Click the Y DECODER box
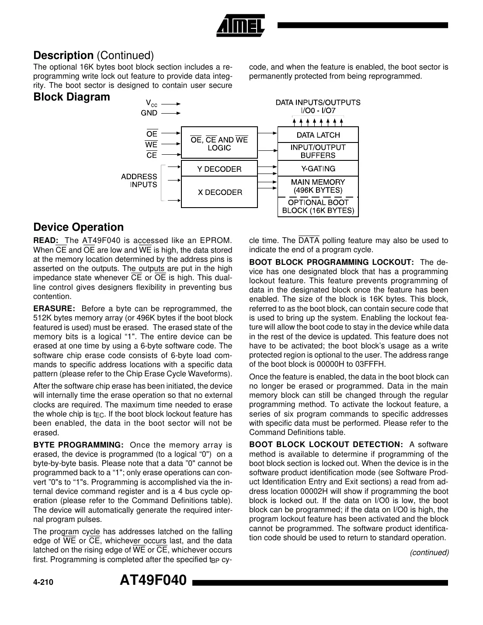(x=219, y=169)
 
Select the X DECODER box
(x=219, y=192)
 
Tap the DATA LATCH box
(x=318, y=135)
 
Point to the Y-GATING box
(x=318, y=169)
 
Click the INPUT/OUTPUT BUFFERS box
(x=318, y=151)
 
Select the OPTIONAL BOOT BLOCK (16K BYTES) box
(x=318, y=206)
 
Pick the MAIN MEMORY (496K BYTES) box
(x=318, y=186)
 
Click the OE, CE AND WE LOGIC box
(x=219, y=144)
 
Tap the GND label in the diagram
(x=149, y=113)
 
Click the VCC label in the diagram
(x=151, y=104)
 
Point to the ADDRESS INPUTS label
(x=139, y=181)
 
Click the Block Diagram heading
(x=72, y=97)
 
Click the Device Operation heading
(x=78, y=227)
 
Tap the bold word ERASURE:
(x=54, y=309)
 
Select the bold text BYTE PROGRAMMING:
(x=79, y=445)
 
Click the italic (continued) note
(x=429, y=552)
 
